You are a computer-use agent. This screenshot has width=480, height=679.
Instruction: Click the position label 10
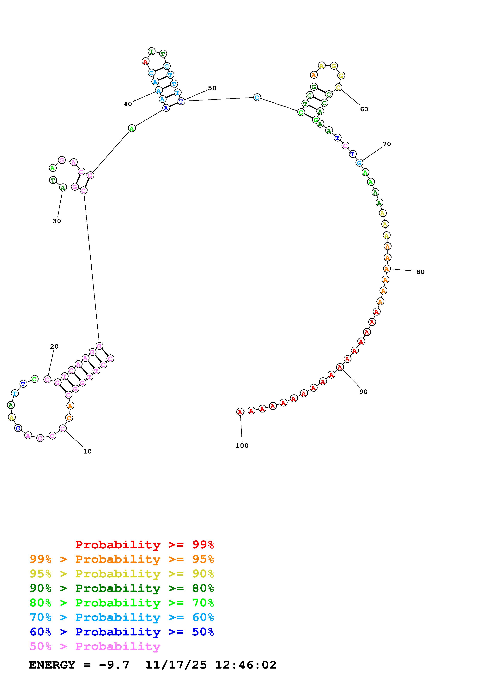[87, 451]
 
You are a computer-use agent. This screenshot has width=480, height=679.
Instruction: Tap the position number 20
[54, 346]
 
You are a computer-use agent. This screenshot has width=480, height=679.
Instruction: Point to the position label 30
[57, 221]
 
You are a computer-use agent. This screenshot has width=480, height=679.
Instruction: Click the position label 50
[212, 88]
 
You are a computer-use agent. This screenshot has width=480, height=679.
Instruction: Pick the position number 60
[364, 109]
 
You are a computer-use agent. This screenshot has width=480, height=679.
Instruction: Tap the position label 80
[420, 272]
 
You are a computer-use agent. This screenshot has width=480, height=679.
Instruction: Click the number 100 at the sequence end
[242, 445]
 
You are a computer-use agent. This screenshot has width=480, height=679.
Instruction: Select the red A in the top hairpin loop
[145, 62]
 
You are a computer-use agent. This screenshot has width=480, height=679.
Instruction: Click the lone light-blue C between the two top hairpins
[257, 97]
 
